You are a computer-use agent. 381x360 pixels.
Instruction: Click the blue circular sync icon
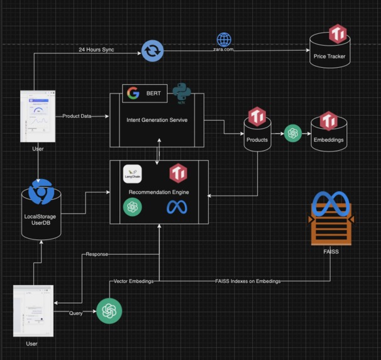(152, 50)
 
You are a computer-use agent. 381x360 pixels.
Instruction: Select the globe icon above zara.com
(224, 40)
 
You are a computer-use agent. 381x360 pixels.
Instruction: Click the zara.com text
(224, 50)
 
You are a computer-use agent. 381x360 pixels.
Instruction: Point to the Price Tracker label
(329, 57)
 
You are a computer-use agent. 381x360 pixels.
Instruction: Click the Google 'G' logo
(133, 94)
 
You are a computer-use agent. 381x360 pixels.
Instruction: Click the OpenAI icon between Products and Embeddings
(292, 133)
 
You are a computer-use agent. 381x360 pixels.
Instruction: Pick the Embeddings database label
(329, 139)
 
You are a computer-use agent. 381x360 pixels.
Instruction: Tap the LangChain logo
(132, 173)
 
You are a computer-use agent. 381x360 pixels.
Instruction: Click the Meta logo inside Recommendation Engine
(177, 207)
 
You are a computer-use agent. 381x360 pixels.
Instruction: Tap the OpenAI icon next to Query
(109, 310)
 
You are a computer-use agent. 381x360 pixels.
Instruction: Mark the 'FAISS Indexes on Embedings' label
(247, 281)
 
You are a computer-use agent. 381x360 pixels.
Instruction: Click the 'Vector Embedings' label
(133, 281)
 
